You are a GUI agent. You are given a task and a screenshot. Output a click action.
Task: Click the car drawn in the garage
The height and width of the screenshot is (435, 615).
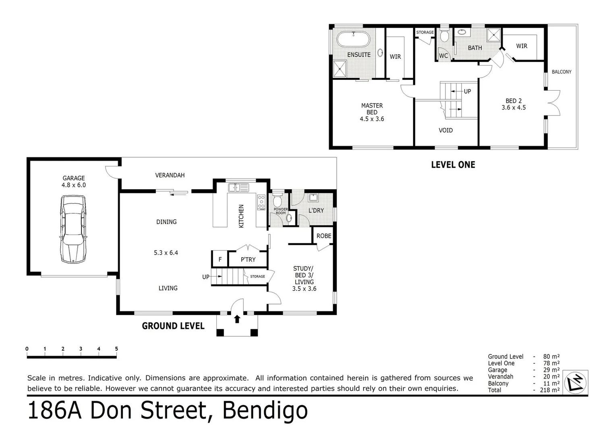coord(73,229)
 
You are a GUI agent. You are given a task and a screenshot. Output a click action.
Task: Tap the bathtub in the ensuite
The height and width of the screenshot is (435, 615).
coord(353,40)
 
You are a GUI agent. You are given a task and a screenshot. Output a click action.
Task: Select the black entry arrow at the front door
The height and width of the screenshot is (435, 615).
coord(237,319)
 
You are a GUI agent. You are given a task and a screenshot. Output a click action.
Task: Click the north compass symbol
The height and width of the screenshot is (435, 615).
coord(577,381)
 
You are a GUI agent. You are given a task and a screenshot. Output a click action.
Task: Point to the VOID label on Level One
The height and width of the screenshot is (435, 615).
coord(445,130)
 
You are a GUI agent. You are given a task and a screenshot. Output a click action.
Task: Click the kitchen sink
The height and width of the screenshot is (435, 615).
coord(238,187)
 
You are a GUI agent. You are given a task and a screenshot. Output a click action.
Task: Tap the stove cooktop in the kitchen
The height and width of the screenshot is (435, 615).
coord(261,202)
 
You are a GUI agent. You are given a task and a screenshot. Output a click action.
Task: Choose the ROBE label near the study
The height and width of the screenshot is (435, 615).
coord(324,236)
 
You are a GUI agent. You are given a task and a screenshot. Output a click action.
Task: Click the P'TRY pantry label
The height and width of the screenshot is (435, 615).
coord(248,260)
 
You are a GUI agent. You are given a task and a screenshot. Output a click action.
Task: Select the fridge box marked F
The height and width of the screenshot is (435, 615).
coord(220,259)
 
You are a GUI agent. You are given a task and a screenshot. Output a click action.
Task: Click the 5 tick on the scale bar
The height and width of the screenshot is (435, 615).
coord(116,349)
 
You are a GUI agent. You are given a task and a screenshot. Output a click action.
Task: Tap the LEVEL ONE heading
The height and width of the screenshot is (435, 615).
coord(453,165)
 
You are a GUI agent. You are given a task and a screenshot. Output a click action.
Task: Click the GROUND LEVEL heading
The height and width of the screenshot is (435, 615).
coord(173,326)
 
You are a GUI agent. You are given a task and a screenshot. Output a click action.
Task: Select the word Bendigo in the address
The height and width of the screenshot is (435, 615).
coord(265,411)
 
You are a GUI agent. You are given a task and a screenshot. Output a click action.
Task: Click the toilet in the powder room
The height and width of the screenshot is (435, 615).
coord(278,201)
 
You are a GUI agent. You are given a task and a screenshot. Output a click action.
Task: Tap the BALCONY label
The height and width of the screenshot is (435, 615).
coord(561,72)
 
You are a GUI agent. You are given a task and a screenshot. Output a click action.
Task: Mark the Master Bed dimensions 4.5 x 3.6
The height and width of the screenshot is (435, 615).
coord(372,119)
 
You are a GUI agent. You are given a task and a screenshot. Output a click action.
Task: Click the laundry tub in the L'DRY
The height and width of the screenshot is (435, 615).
coord(314,197)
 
